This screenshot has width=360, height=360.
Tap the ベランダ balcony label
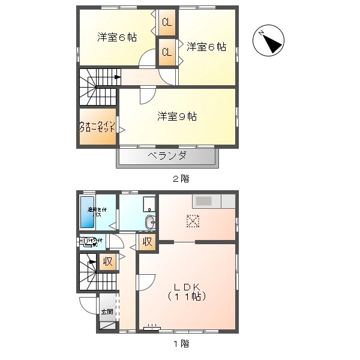click(x=167, y=156)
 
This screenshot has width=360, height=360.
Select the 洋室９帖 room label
click(x=177, y=116)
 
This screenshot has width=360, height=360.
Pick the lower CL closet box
click(x=166, y=52)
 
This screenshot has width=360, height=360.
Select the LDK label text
click(x=187, y=286)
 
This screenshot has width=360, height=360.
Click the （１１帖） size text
click(x=187, y=296)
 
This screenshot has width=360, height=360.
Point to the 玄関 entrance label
click(x=107, y=312)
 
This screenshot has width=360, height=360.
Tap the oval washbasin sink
click(x=150, y=223)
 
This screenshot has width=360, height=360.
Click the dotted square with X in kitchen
click(x=193, y=221)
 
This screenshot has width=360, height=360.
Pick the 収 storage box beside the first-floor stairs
click(x=107, y=262)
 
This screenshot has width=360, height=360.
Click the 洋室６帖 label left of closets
click(x=117, y=37)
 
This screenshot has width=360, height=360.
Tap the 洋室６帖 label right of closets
click(x=206, y=46)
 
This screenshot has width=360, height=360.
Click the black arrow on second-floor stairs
click(x=117, y=76)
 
